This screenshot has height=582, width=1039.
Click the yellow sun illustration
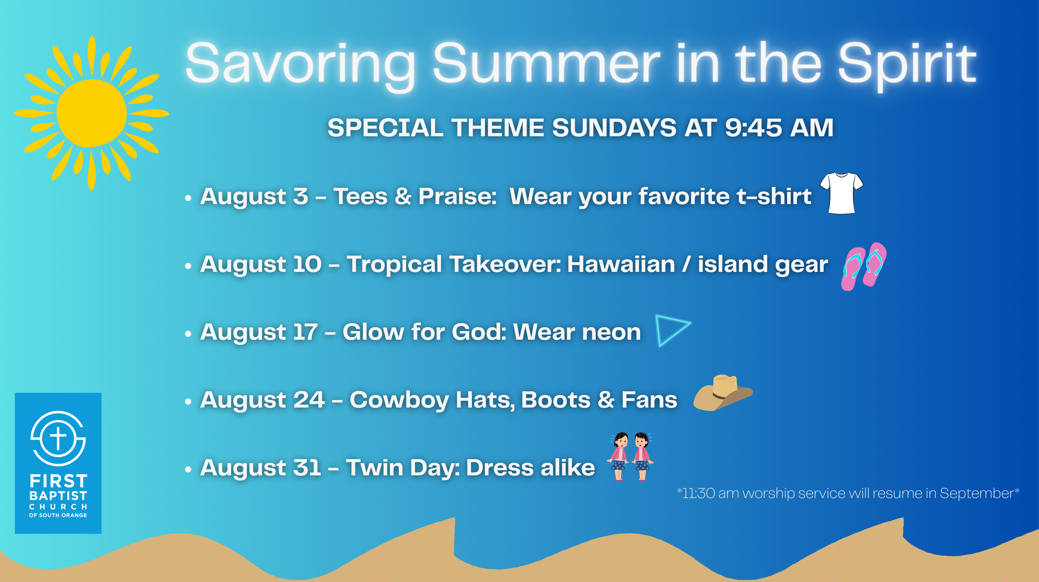(x=92, y=113)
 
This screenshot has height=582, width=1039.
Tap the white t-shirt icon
(x=841, y=193)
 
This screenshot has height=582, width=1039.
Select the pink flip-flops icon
(x=864, y=266)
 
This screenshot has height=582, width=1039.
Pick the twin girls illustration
(x=630, y=456)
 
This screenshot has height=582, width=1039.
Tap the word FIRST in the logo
(x=58, y=481)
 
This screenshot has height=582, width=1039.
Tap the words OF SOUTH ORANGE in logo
(x=58, y=515)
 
